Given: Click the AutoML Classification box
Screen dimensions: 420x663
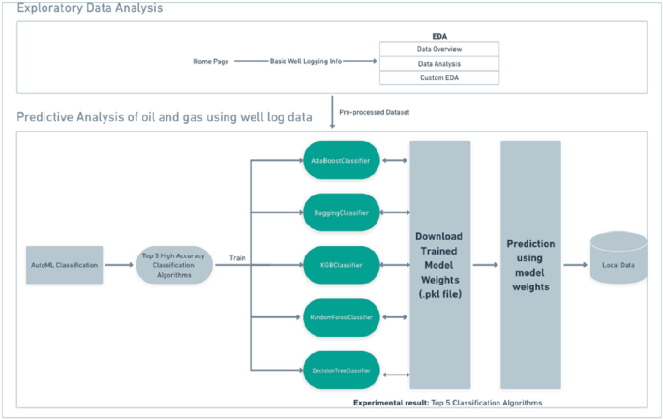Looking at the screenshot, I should (x=64, y=264).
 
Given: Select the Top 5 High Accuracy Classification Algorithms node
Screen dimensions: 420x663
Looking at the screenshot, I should (x=169, y=264).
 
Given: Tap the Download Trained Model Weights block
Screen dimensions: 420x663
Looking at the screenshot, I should (x=440, y=264).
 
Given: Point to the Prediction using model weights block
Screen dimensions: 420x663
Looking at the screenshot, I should (x=530, y=264).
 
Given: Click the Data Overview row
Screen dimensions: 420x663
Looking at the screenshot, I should (x=438, y=48).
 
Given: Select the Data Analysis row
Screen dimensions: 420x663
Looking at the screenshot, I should (x=438, y=63).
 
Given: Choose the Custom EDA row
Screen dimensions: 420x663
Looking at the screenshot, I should (x=438, y=77).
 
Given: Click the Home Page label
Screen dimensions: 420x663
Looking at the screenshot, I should (x=211, y=62).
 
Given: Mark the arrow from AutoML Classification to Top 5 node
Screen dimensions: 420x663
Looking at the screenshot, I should (x=119, y=264).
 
